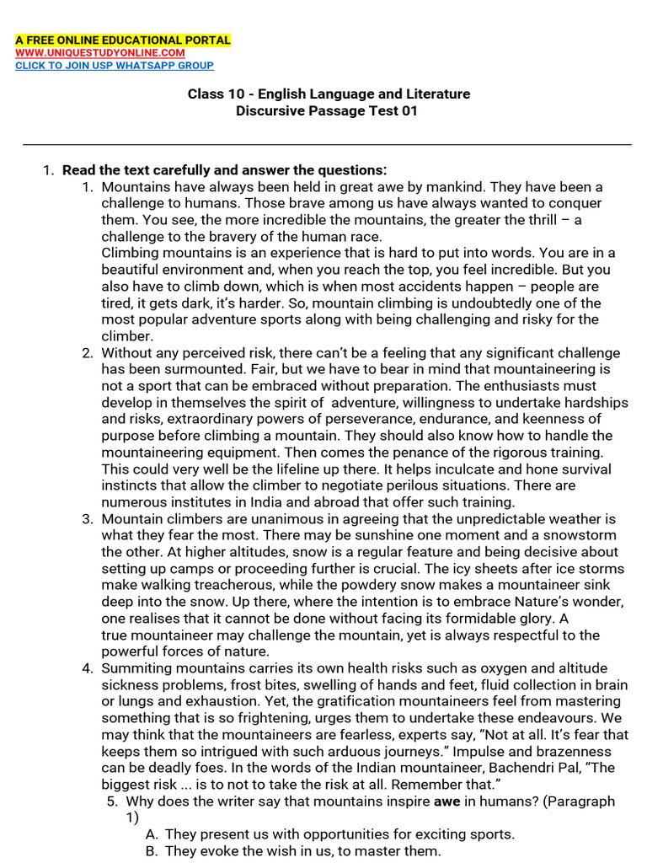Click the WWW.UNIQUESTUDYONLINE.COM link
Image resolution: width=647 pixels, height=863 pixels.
tap(100, 52)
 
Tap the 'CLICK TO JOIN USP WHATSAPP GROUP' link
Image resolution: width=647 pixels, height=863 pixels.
tap(115, 65)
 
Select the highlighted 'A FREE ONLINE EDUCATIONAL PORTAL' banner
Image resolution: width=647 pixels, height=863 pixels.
tap(122, 40)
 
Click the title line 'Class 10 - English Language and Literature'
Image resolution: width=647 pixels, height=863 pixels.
tap(329, 94)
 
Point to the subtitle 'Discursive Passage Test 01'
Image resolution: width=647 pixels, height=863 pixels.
tap(327, 110)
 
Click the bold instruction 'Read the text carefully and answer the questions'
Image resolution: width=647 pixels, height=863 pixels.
tap(223, 169)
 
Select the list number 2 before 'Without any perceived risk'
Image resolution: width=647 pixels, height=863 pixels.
tap(87, 352)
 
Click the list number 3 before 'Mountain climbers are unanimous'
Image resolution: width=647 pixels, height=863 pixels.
tap(87, 518)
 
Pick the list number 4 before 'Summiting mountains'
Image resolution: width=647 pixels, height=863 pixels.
tap(87, 667)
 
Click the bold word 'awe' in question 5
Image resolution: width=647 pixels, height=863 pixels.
tap(446, 801)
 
